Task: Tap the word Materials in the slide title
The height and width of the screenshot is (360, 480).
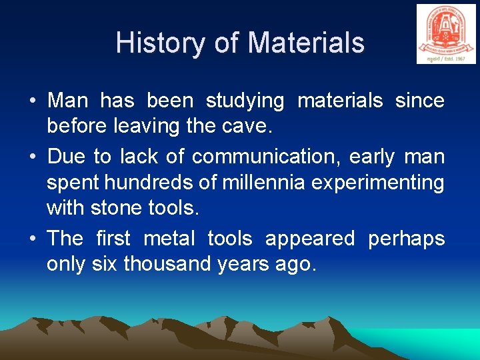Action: [x=306, y=43]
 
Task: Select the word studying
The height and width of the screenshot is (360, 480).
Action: [x=245, y=101]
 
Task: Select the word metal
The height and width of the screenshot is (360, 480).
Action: [x=169, y=238]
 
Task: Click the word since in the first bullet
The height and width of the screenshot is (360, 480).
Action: [x=419, y=101]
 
